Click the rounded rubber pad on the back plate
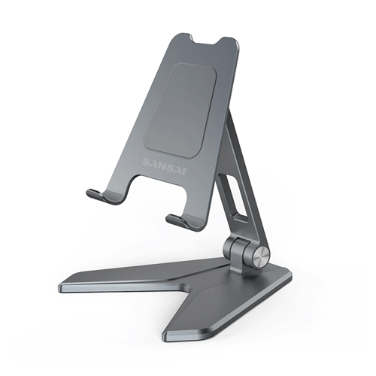pos(184,109)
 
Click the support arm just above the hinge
pos(239,226)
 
